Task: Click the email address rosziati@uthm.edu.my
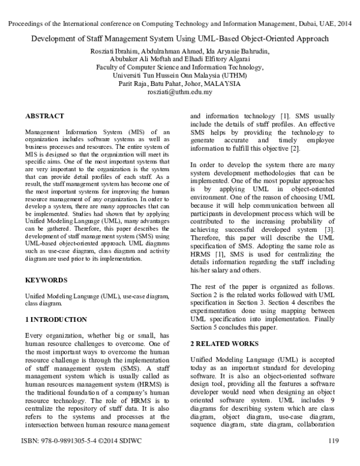click(x=180, y=92)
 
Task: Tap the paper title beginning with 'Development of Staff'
click(x=180, y=39)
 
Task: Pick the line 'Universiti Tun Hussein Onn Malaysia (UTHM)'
click(x=180, y=76)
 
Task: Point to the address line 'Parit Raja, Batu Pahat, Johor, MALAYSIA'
click(x=180, y=84)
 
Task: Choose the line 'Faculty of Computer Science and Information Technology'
click(x=180, y=67)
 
